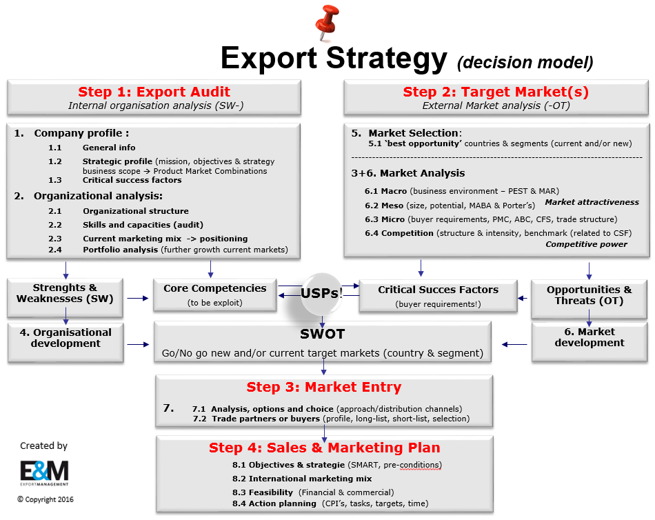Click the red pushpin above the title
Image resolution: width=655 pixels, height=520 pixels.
click(326, 22)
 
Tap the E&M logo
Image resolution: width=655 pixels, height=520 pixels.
click(44, 473)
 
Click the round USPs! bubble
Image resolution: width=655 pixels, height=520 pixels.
click(322, 293)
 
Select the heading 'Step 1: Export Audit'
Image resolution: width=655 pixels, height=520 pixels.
click(154, 92)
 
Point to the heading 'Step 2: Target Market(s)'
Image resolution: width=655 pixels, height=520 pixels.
click(496, 92)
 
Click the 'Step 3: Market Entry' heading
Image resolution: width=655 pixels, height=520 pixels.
click(324, 387)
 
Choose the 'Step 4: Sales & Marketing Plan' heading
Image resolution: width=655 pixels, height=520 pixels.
click(325, 448)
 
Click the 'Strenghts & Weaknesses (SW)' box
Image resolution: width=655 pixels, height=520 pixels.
click(65, 297)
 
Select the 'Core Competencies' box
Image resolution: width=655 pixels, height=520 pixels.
click(214, 294)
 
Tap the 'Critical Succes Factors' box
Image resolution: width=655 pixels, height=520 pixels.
click(438, 296)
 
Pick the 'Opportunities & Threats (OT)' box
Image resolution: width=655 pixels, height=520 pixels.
click(589, 299)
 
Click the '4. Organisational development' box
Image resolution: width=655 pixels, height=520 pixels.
click(65, 342)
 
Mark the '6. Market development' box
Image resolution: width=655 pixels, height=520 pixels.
click(589, 341)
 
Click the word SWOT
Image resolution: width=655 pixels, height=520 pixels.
click(323, 334)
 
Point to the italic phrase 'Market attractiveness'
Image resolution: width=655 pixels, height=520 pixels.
click(592, 202)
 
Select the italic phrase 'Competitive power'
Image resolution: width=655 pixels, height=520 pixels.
click(587, 244)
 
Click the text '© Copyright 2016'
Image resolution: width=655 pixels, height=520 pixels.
click(45, 499)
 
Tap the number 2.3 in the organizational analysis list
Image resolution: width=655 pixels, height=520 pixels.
click(55, 239)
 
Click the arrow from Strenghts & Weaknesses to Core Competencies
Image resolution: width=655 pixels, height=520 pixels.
click(138, 298)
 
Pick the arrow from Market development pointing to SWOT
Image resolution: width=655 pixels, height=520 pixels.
click(514, 344)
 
